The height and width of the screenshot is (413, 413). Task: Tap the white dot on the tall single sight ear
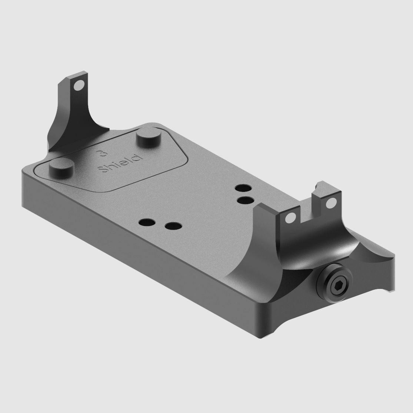77,87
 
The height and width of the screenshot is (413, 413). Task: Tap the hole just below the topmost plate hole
245,200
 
